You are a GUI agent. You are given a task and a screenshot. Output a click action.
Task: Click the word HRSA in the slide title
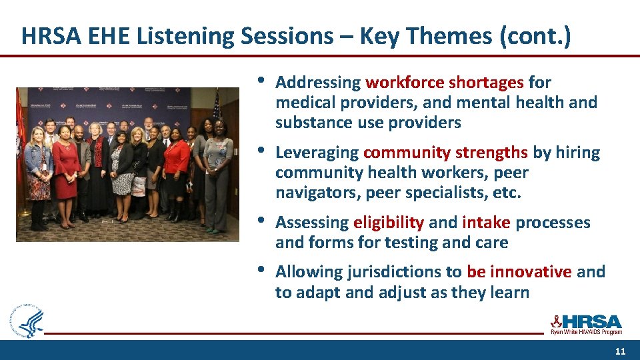pyautogui.click(x=43, y=36)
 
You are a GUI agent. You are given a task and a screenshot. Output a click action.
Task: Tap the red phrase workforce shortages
pyautogui.click(x=445, y=83)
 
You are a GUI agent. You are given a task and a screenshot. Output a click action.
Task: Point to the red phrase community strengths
pyautogui.click(x=445, y=153)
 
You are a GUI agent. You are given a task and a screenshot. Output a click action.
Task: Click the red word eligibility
pyautogui.click(x=389, y=222)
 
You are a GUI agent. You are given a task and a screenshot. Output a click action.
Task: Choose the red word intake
pyautogui.click(x=486, y=222)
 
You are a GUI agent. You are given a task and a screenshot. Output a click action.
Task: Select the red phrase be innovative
pyautogui.click(x=519, y=272)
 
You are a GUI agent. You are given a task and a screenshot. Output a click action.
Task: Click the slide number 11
pyautogui.click(x=620, y=351)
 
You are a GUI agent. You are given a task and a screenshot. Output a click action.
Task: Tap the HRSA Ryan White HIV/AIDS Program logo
pyautogui.click(x=586, y=324)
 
